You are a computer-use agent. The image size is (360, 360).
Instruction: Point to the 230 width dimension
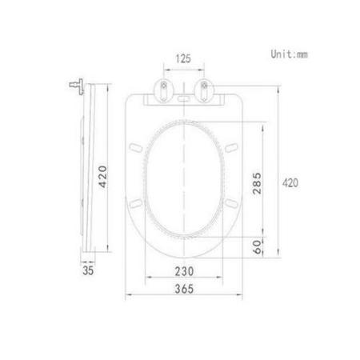click(x=186, y=270)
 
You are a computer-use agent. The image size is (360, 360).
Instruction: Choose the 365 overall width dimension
click(x=186, y=290)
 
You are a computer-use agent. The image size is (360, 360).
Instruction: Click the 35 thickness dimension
click(x=88, y=270)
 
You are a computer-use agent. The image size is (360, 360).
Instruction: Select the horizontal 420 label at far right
click(x=290, y=182)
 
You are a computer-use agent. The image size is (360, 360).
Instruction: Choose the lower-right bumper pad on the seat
click(x=232, y=205)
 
